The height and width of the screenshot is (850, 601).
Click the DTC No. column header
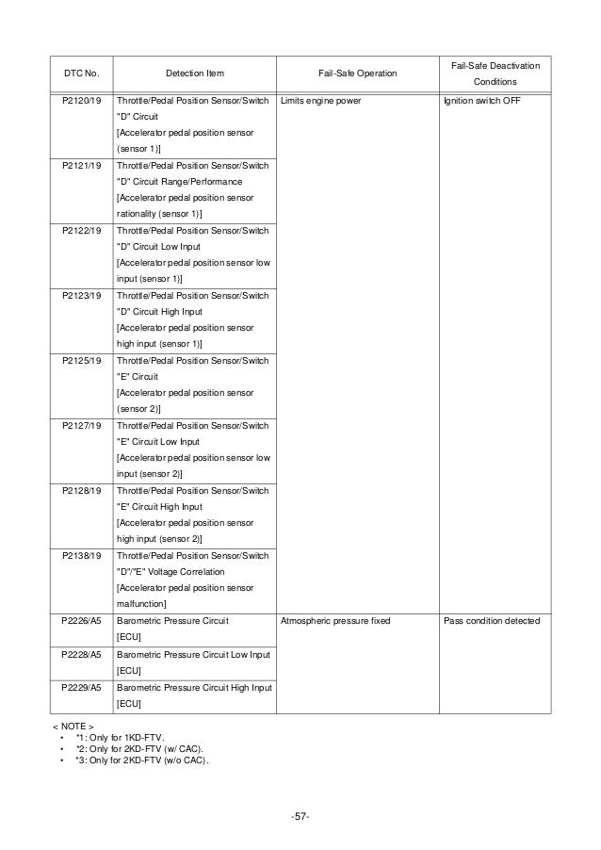click(x=80, y=73)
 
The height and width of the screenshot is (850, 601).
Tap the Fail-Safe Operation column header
click(x=357, y=73)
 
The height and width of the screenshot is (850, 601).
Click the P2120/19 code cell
click(x=80, y=101)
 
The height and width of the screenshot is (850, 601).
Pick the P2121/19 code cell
click(x=80, y=166)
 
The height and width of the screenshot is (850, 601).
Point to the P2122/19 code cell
click(x=80, y=231)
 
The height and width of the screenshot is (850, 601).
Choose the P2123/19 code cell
click(x=80, y=296)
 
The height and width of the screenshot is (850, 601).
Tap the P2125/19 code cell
click(x=80, y=361)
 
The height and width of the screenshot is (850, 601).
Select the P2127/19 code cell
click(x=80, y=426)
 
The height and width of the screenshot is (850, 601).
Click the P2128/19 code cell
click(x=80, y=491)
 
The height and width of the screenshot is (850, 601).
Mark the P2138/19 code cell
click(x=80, y=556)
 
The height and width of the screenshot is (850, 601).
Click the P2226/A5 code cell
click(x=80, y=622)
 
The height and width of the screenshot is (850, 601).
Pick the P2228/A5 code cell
click(x=80, y=654)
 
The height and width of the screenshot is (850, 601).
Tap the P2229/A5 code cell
click(x=80, y=687)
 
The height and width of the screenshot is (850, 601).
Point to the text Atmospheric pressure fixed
click(x=336, y=622)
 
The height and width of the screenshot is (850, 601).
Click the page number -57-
click(x=300, y=814)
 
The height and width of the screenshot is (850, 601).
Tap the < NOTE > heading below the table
click(x=71, y=727)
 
